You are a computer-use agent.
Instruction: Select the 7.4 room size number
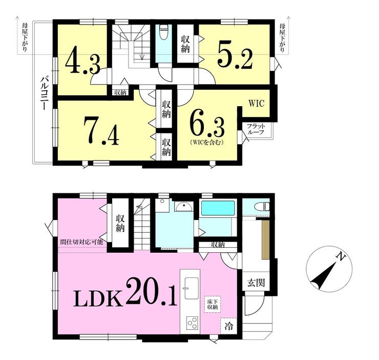pos(101,131)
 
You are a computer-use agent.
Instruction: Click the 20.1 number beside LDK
pos(151,291)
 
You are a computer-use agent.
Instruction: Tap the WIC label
pos(257,104)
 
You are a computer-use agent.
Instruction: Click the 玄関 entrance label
pos(256,282)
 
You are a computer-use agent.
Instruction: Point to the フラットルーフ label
pos(256,129)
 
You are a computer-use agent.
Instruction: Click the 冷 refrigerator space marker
pos(228,326)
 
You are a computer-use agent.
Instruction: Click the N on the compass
pos(341,257)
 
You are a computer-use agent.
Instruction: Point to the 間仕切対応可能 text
pos(82,242)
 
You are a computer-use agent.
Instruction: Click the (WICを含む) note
pos(206,143)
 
